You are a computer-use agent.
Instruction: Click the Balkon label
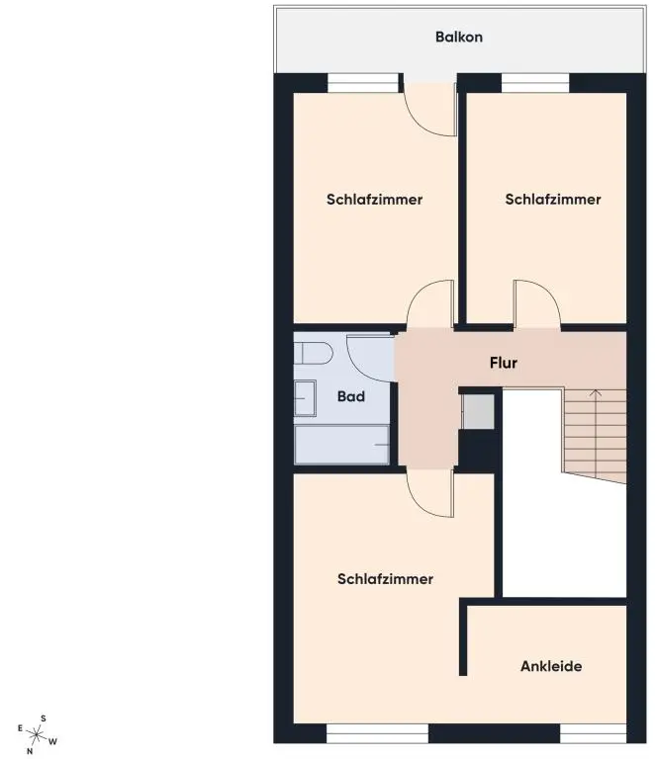pos(458,38)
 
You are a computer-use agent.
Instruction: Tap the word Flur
pos(504,363)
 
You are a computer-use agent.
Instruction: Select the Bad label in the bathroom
pos(351,397)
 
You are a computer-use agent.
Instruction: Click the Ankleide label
pos(551,666)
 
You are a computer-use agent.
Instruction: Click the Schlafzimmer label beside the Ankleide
pos(385,579)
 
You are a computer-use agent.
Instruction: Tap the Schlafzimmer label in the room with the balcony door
pos(374,199)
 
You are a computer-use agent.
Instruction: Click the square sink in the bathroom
pos(305,397)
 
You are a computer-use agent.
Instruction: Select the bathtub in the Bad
pos(342,445)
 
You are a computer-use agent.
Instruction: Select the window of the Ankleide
pos(593,733)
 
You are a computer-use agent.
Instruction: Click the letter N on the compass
pos(30,751)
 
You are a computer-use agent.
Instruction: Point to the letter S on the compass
pos(43,718)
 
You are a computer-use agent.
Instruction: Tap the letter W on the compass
pos(53,741)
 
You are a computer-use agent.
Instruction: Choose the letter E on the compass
pos(20,728)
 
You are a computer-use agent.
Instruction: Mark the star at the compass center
pos(37,735)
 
